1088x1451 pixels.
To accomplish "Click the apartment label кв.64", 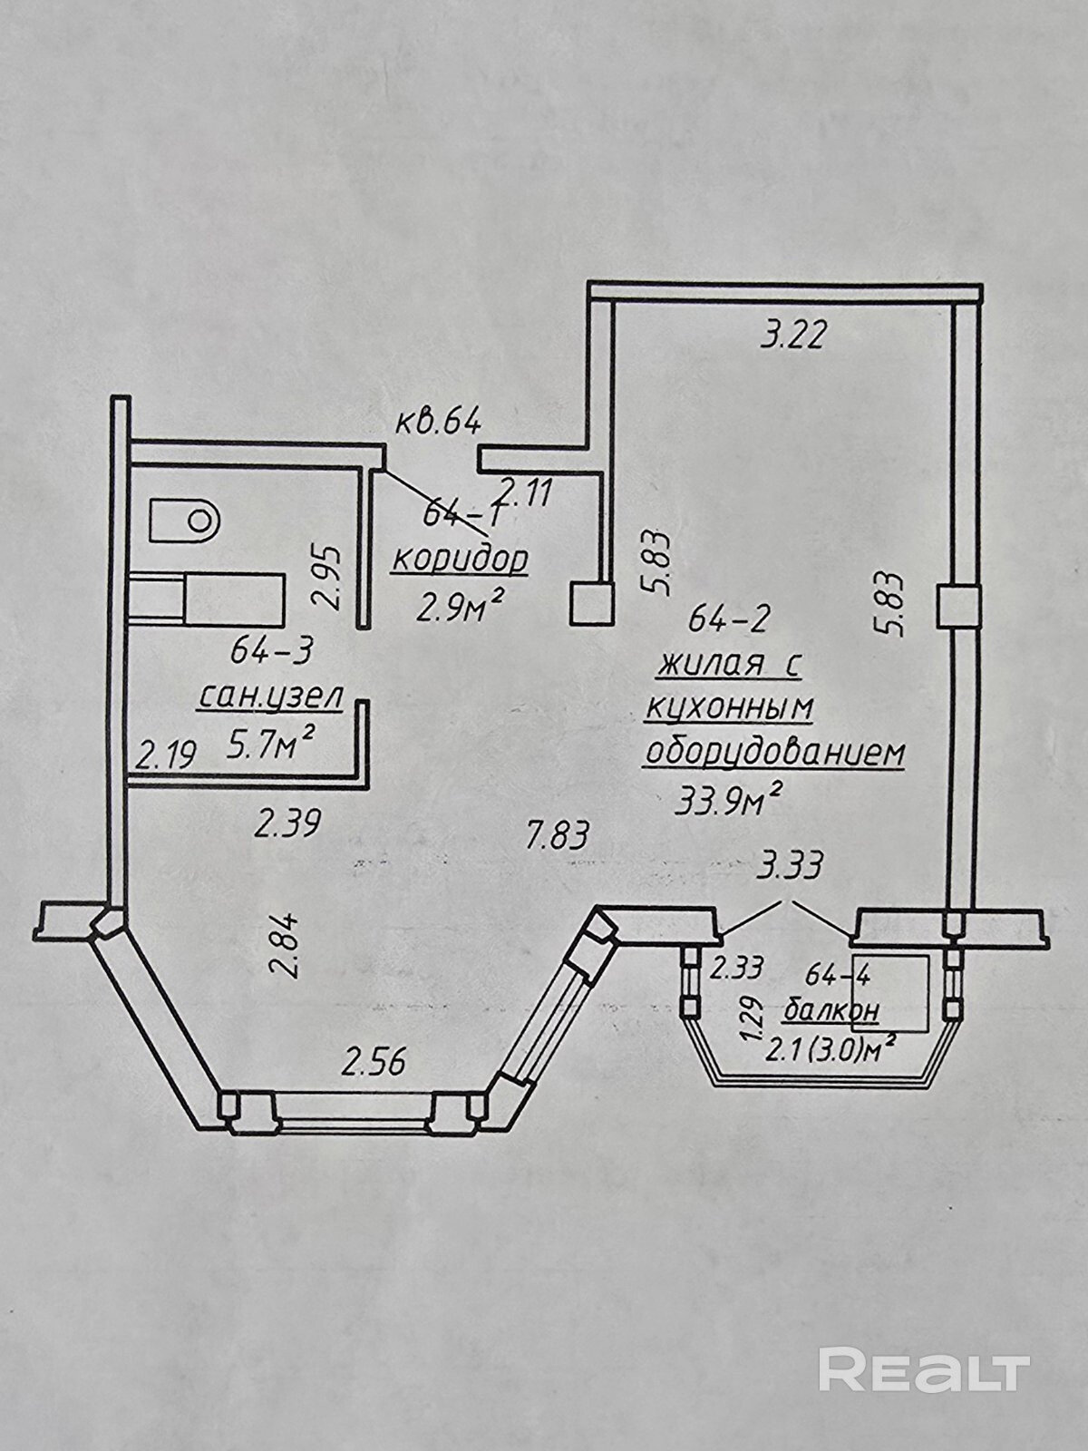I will click(x=438, y=422).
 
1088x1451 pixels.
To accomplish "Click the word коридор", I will click(x=460, y=560).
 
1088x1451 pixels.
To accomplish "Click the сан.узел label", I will click(x=270, y=696).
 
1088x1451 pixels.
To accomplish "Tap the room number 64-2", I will click(x=730, y=619).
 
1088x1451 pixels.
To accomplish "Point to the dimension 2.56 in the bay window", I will click(x=374, y=1059).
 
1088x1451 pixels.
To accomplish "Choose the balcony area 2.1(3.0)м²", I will click(x=831, y=1050).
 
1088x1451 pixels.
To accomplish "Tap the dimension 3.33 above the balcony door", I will click(x=789, y=866).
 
